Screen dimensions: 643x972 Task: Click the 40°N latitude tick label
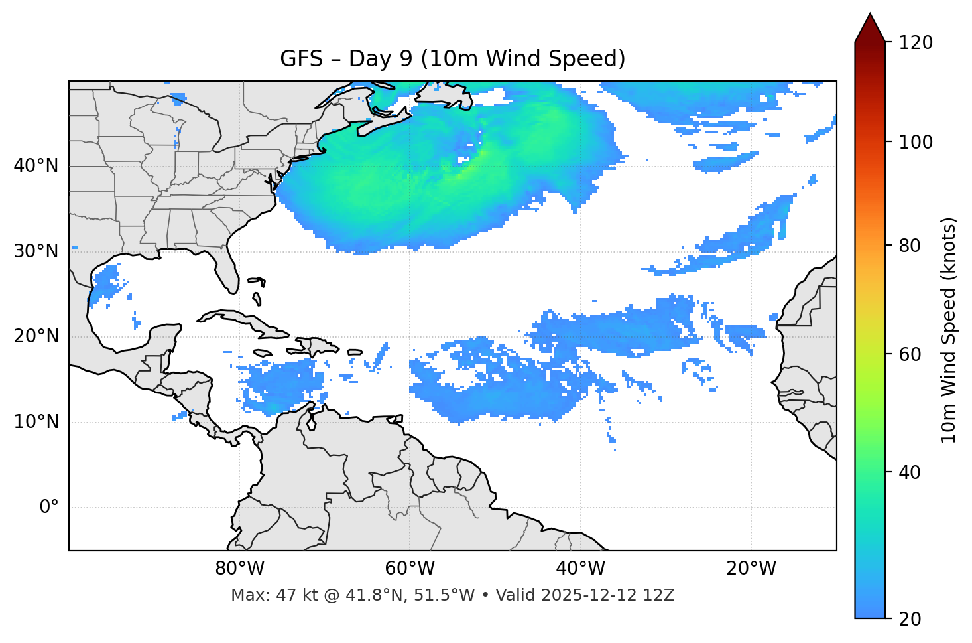pos(36,166)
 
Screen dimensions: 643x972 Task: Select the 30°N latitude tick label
pos(36,251)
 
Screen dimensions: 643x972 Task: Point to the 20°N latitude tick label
pos(36,336)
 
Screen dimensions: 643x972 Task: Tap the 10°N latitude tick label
pos(36,422)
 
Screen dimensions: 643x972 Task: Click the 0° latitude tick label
pos(49,508)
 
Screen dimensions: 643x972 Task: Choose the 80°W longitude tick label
pos(239,569)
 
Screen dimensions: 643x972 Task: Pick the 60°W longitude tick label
pos(410,569)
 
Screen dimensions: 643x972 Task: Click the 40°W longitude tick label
pos(581,569)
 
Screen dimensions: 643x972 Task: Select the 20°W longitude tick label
pos(751,569)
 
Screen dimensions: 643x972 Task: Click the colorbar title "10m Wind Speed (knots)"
pos(949,330)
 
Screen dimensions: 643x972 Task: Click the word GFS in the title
pos(301,59)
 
